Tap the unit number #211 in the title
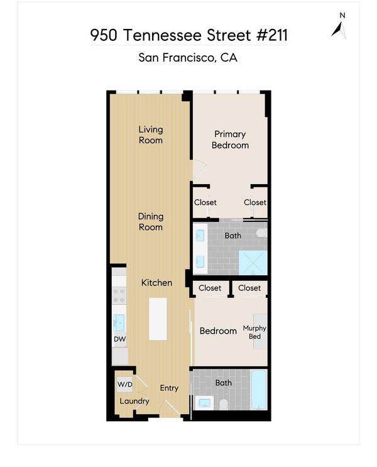point(272,35)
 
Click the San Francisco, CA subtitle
point(188,57)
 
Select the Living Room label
point(151,135)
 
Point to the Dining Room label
point(151,222)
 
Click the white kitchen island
point(158,319)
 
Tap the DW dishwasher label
point(120,339)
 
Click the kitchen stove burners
point(119,295)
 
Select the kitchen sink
point(119,323)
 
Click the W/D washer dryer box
point(125,384)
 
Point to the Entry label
point(169,388)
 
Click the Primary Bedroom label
point(230,140)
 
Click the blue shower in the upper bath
point(253,263)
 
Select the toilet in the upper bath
point(262,233)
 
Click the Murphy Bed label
point(254,332)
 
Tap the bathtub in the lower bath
point(259,390)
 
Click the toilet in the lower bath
point(224,405)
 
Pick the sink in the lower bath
point(204,404)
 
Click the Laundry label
point(134,401)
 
